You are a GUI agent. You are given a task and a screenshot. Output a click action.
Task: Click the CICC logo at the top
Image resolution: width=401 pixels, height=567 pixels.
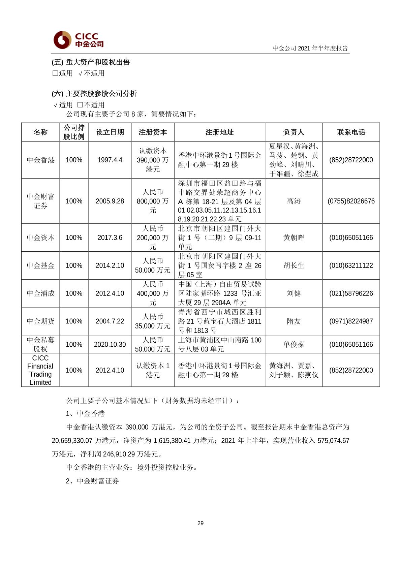pos(79,40)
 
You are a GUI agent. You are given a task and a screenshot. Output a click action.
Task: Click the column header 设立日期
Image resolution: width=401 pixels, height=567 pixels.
pos(110,132)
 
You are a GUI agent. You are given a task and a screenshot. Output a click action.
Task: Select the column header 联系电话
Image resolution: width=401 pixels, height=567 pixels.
pos(351,132)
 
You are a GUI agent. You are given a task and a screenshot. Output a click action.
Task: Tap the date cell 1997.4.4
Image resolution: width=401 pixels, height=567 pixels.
pos(110,160)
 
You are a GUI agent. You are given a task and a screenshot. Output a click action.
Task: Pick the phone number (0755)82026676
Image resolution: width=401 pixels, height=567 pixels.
pos(351,201)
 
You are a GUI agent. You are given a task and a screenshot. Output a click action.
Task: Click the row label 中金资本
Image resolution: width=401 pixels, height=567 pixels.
pos(40,238)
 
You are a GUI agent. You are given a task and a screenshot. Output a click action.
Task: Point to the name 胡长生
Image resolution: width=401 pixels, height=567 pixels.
pos(294,265)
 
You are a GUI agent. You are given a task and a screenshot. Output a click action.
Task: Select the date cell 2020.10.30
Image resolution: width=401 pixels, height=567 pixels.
pos(110,344)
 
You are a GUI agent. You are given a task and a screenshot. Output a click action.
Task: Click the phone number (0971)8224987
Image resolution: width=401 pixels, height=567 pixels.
pos(351,321)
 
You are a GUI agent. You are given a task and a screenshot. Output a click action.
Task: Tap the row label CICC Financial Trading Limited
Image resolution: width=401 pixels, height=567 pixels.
pos(40,370)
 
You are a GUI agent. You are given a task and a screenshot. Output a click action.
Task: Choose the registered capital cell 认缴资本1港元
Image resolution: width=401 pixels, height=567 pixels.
pos(153,370)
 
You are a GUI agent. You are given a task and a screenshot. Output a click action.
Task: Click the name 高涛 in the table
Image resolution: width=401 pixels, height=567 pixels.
pos(294,201)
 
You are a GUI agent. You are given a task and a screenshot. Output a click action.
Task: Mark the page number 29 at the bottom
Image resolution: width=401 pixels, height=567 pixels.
pos(201,523)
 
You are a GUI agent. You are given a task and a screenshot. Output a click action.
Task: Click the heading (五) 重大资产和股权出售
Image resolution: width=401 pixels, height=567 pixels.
pos(91,62)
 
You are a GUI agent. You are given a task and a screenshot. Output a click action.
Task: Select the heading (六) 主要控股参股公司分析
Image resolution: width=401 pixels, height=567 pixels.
pos(94,94)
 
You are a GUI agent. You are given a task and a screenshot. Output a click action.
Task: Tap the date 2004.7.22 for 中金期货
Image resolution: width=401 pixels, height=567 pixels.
pos(110,321)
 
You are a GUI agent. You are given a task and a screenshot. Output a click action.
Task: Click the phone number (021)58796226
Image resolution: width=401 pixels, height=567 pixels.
pos(351,293)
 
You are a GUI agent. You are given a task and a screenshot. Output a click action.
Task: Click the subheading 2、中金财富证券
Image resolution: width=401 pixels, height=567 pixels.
pos(92,481)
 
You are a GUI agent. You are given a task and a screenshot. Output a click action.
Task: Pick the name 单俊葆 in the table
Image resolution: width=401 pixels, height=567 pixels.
pos(294,344)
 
